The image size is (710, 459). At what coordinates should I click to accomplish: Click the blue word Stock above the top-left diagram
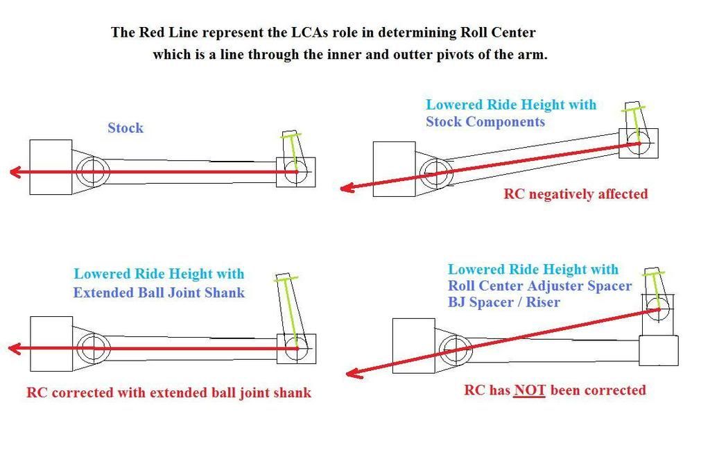tap(125, 128)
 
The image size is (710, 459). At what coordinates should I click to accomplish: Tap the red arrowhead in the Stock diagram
tap(15, 172)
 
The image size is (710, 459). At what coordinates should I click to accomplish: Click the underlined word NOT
tap(530, 390)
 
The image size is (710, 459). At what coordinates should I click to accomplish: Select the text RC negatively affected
tap(575, 193)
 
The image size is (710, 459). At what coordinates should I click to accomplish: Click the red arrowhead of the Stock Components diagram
tap(347, 187)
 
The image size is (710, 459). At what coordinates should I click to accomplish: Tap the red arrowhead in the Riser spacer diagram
tap(354, 373)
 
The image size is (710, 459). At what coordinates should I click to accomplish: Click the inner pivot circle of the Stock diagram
tap(93, 171)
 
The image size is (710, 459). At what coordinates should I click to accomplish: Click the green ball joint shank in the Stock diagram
tap(293, 153)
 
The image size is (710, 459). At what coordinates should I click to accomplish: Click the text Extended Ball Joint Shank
tap(159, 293)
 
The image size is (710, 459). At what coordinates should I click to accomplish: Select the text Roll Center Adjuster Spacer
tap(539, 286)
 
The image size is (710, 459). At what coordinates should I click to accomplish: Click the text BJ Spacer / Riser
tap(504, 302)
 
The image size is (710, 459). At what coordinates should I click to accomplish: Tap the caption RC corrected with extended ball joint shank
tap(169, 392)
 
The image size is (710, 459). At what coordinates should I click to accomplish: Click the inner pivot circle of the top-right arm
tap(437, 173)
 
